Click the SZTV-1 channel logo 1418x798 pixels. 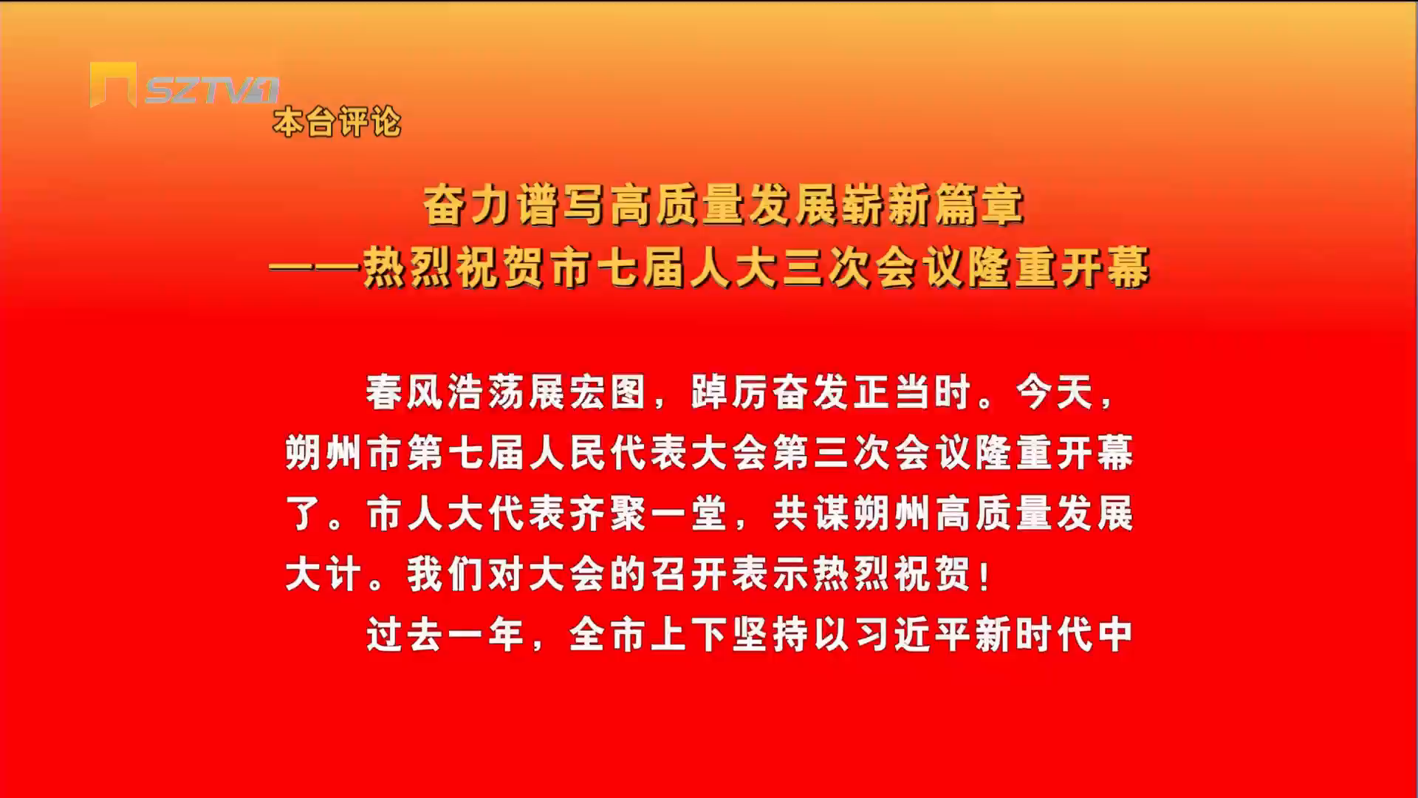(185, 85)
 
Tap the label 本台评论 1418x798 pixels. (337, 122)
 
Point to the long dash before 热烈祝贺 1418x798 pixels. (315, 267)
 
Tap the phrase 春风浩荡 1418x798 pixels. (446, 392)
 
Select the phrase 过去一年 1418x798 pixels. (446, 635)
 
